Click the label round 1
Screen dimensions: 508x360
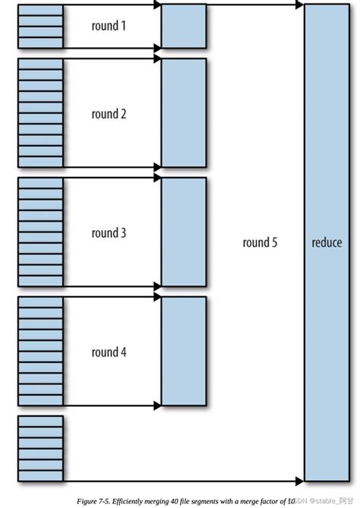pyautogui.click(x=109, y=27)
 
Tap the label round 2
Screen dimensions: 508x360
pyautogui.click(x=109, y=115)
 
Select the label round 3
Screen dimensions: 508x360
pyautogui.click(x=109, y=233)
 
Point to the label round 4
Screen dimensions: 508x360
pyautogui.click(x=109, y=352)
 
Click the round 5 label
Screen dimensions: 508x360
pyautogui.click(x=261, y=243)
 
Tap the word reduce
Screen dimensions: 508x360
pyautogui.click(x=327, y=243)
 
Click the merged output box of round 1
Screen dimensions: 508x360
pyautogui.click(x=184, y=27)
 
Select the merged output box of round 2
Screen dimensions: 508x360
pyautogui.click(x=184, y=112)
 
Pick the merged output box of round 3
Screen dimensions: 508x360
pyautogui.click(x=184, y=231)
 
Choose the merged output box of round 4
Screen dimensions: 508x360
pyautogui.click(x=184, y=350)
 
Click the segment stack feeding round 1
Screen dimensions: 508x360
pyautogui.click(x=40, y=27)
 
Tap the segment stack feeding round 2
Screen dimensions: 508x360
pyautogui.click(x=40, y=112)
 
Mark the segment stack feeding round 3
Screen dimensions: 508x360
pyautogui.click(x=40, y=231)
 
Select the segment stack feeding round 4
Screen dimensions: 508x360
pyautogui.click(x=40, y=350)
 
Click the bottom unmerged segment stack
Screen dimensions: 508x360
pyautogui.click(x=40, y=447)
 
